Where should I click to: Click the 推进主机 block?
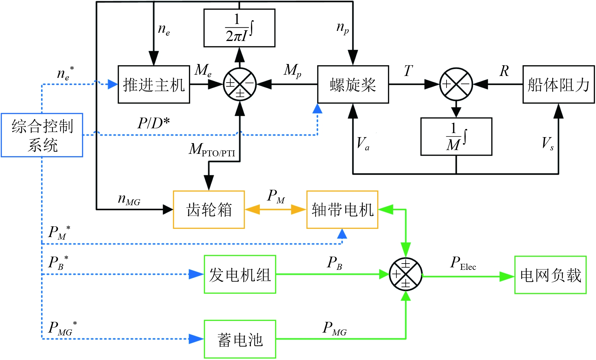154,84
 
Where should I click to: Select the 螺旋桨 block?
353,84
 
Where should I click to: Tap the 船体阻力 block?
558,84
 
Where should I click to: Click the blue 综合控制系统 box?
42,135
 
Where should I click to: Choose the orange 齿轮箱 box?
209,210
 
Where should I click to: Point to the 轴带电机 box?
342,210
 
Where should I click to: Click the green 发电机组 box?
240,275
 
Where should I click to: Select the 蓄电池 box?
240,339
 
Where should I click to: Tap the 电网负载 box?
550,275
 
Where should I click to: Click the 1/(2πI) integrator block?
239,28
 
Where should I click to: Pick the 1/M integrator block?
456,136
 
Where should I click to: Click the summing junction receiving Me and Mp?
240,84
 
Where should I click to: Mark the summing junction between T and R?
456,84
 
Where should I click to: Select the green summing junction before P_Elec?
406,274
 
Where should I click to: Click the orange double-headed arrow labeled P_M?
275,210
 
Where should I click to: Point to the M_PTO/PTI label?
212,150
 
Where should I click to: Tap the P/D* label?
154,123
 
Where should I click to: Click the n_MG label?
129,200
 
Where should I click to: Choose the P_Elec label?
463,263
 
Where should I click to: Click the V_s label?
547,143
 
